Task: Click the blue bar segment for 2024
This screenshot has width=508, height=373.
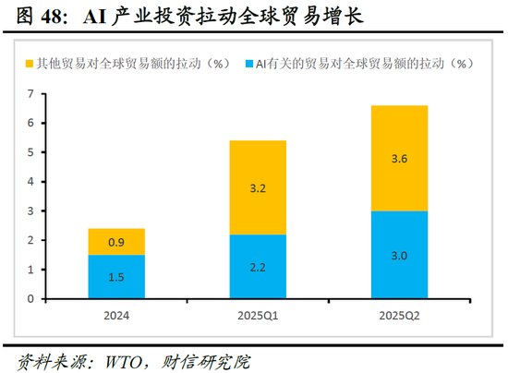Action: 116,277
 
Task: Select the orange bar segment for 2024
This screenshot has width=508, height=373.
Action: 116,242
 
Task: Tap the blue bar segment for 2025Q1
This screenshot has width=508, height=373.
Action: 258,267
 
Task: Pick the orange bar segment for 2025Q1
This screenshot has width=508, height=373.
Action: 258,187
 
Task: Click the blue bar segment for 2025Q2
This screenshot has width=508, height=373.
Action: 399,255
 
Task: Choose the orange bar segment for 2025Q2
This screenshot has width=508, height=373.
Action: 399,158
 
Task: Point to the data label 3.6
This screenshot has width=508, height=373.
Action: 399,159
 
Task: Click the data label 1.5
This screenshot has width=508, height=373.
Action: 116,278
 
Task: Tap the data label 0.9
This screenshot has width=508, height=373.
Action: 116,242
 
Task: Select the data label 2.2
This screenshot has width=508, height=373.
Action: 258,268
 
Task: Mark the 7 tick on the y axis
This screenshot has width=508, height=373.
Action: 30,94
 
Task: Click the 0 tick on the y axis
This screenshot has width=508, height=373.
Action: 30,299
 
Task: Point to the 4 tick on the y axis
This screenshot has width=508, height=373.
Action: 30,182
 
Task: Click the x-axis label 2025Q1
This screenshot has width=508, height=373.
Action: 258,317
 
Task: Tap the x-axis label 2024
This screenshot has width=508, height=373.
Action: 116,317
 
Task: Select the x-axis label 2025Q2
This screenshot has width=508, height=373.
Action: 399,317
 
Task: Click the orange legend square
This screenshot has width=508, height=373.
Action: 29,64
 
